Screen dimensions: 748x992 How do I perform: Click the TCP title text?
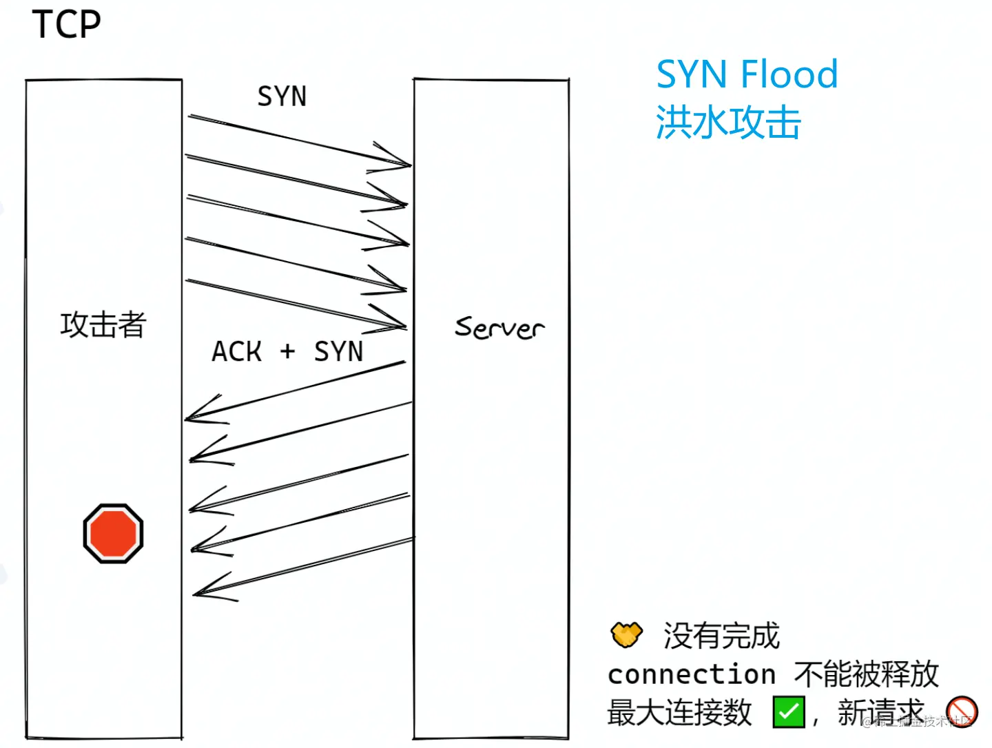(66, 25)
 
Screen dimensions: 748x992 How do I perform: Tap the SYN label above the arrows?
(282, 96)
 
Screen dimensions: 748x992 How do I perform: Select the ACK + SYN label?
(287, 351)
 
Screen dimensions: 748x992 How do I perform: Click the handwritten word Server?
(499, 328)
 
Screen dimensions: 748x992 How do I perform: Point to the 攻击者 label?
(103, 324)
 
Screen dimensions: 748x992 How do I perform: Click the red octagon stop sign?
(113, 533)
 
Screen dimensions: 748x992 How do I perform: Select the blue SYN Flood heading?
(747, 74)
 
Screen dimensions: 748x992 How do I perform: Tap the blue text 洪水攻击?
(728, 123)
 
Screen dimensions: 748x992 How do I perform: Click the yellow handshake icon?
(626, 634)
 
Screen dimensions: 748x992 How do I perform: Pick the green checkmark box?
(789, 712)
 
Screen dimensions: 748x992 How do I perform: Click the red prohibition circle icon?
(962, 711)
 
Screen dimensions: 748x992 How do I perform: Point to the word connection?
(692, 674)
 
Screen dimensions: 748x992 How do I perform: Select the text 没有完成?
(721, 635)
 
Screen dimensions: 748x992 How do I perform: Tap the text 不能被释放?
(866, 674)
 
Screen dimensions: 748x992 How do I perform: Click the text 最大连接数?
(679, 712)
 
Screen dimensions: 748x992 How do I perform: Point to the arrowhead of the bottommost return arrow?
(203, 592)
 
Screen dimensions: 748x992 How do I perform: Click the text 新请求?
(880, 712)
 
